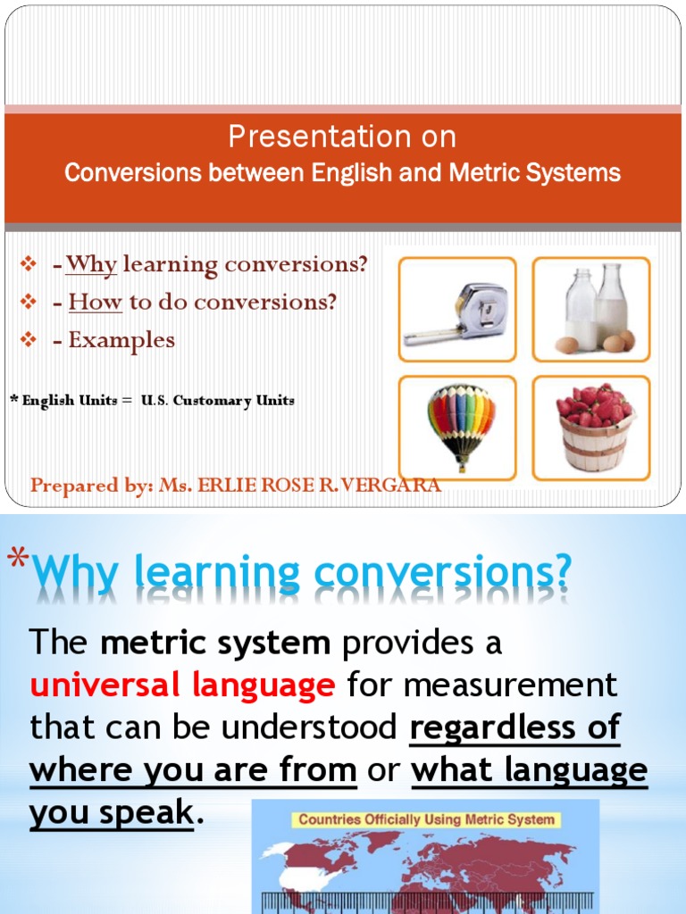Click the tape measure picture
[456, 310]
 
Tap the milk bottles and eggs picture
[591, 310]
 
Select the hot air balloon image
[456, 428]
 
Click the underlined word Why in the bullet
[91, 264]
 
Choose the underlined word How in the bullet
[95, 302]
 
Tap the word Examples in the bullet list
[121, 340]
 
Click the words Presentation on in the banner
[342, 137]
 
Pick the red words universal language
[182, 685]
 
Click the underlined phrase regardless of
[514, 728]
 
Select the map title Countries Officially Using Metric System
[425, 818]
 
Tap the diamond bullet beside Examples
[28, 340]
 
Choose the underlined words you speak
[111, 813]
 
